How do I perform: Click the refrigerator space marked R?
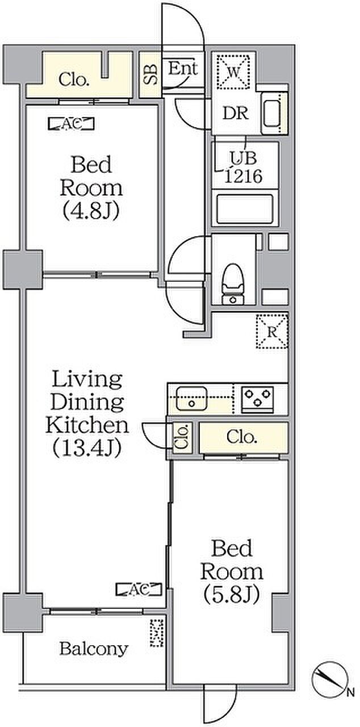(272, 332)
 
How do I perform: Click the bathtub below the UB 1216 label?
(245, 209)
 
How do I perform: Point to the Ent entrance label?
(183, 69)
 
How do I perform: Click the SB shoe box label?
(151, 75)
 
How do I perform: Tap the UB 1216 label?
(244, 168)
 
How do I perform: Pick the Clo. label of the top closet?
(74, 80)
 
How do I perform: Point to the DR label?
(236, 113)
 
